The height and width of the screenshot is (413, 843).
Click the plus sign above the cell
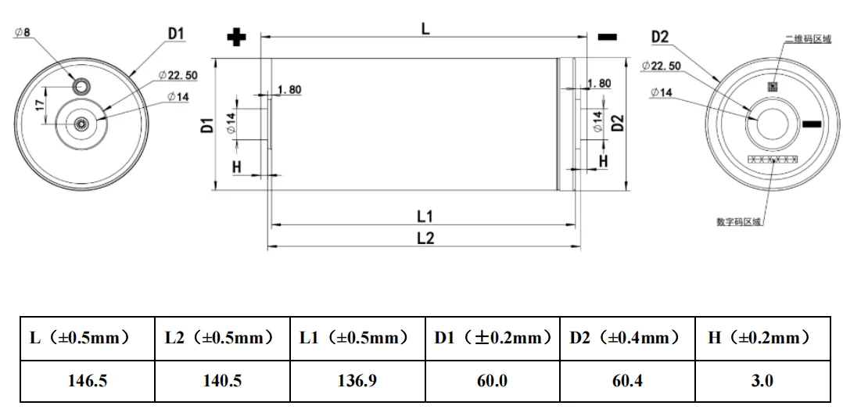pos(235,38)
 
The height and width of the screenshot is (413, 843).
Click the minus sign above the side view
pos(607,37)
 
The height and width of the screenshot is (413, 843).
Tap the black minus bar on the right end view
pos(813,124)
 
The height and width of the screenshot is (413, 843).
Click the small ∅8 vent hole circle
pos(81,84)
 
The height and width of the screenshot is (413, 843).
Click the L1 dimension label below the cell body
pos(425,216)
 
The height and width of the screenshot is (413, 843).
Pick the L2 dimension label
pos(425,239)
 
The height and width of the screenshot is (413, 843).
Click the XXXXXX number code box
pos(773,160)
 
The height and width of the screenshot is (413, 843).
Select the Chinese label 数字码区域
pos(739,221)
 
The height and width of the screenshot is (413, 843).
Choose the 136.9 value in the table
pos(357,381)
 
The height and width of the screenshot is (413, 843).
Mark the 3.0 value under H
pos(762,381)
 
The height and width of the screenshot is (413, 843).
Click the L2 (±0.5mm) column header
pos(222,338)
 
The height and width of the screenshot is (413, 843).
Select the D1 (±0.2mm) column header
pos(492,338)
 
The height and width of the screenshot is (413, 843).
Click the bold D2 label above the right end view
pos(660,37)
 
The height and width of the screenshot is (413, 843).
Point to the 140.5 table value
pos(222,381)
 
